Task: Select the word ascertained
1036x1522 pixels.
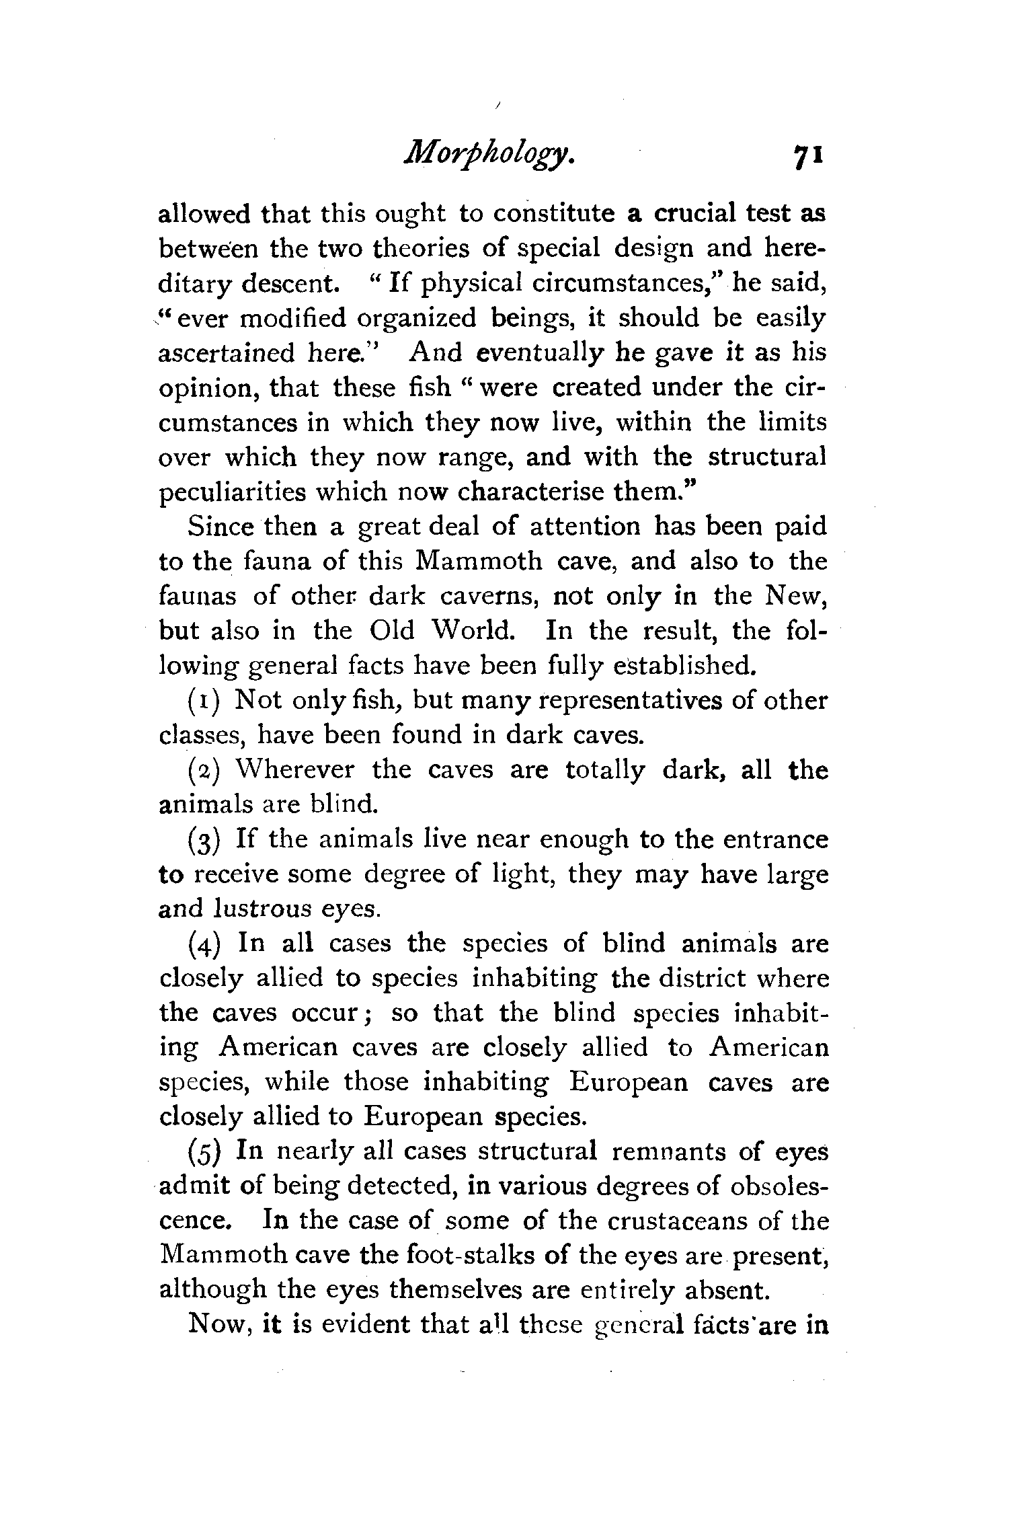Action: coord(228,353)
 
